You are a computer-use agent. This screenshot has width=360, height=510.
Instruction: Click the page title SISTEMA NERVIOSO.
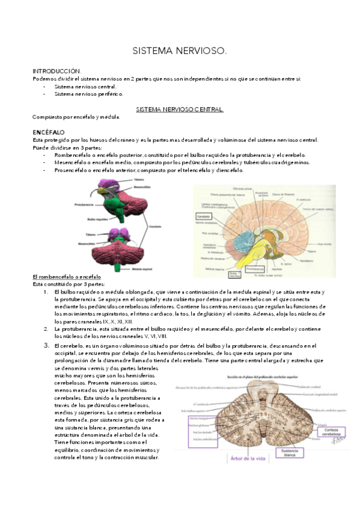coord(180,52)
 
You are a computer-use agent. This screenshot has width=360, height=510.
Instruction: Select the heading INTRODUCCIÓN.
coord(57,71)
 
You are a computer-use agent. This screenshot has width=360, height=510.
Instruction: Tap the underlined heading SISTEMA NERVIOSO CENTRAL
coord(180,109)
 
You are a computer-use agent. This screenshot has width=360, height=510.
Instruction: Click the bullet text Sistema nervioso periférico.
coord(88,94)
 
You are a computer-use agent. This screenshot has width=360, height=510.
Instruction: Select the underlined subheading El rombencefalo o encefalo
coord(66,276)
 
